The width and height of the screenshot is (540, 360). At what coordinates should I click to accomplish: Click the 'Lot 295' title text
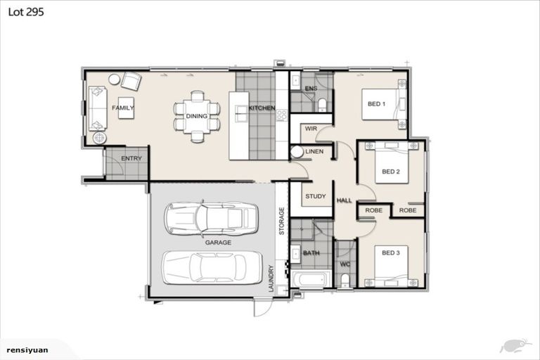25,13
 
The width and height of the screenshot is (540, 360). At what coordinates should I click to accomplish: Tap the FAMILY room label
124,108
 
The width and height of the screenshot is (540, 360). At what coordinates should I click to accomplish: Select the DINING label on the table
196,116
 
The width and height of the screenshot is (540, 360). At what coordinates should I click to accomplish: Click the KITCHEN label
262,108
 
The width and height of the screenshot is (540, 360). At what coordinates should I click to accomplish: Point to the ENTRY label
131,158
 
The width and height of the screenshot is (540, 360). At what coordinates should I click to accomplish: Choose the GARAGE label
218,242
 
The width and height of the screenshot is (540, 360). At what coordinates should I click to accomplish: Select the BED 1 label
377,104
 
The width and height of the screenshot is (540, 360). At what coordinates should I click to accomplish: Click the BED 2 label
391,171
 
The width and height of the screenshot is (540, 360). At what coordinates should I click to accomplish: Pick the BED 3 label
391,252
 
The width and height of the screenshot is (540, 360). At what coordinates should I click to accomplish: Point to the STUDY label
316,196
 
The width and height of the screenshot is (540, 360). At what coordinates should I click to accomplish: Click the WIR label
311,129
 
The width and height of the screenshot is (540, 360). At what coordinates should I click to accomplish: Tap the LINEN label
315,152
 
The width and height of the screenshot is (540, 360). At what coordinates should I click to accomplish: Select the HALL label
345,200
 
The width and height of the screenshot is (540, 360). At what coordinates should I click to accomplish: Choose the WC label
345,264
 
